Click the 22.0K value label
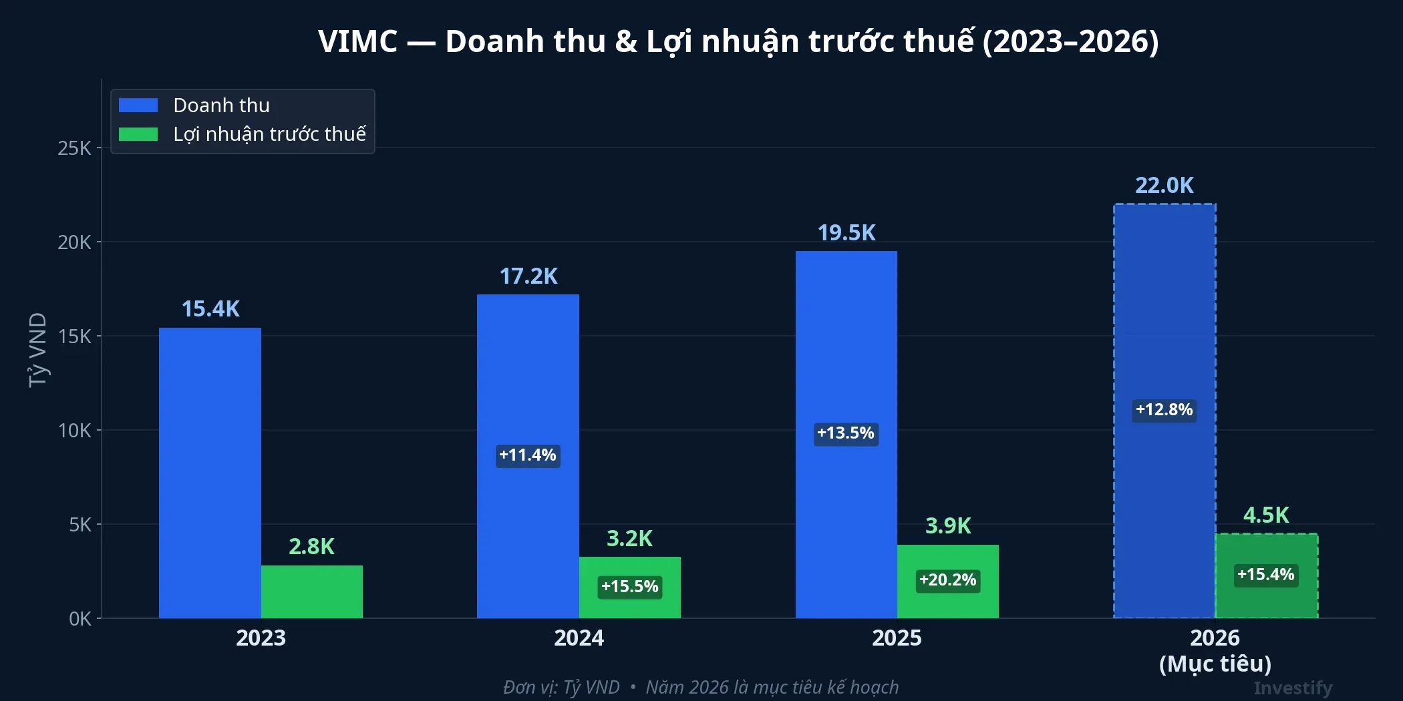1164,186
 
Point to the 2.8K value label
311,547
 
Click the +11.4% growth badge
528,455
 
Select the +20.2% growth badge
947,580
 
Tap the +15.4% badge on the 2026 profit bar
1265,575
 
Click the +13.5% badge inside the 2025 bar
845,433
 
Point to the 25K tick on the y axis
74,148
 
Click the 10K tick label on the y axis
74,431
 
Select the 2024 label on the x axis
579,638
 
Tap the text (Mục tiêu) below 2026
1215,664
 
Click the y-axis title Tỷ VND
38,350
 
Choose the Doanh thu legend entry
221,105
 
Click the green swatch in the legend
138,134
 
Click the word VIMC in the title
357,41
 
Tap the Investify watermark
1292,688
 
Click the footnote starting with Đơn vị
701,687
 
